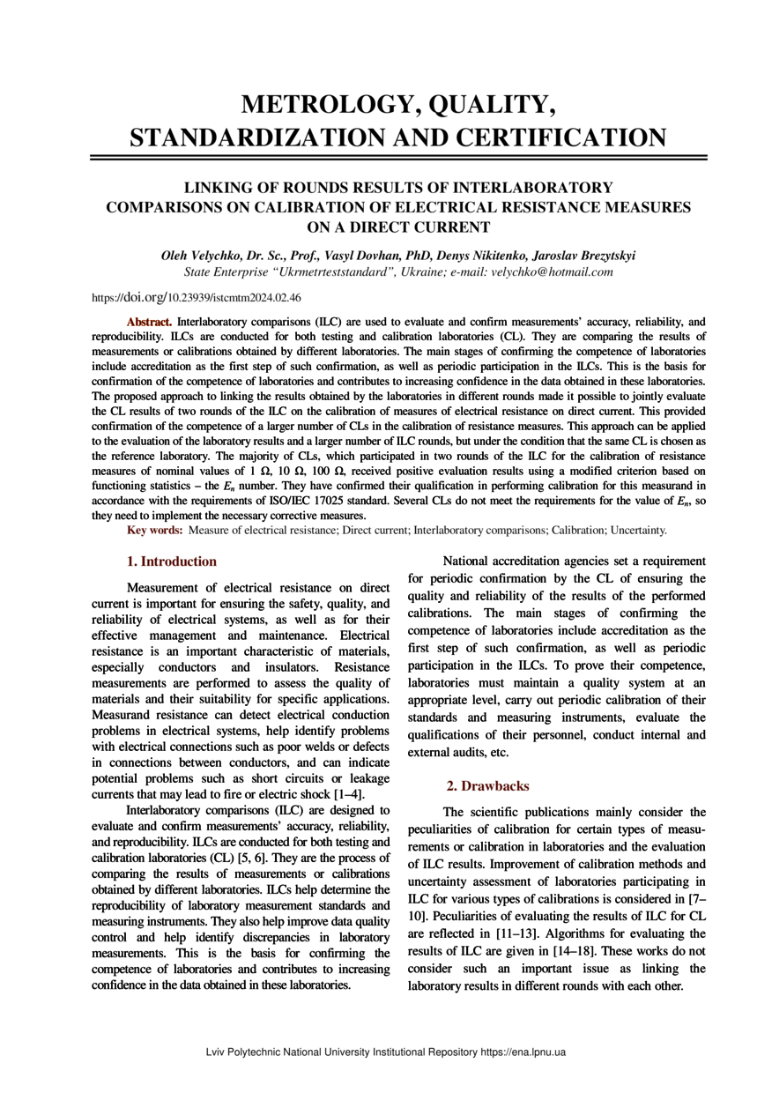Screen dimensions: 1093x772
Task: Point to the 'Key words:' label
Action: [155, 530]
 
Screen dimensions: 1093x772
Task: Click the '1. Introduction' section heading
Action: [172, 561]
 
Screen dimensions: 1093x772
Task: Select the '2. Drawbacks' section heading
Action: [487, 785]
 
